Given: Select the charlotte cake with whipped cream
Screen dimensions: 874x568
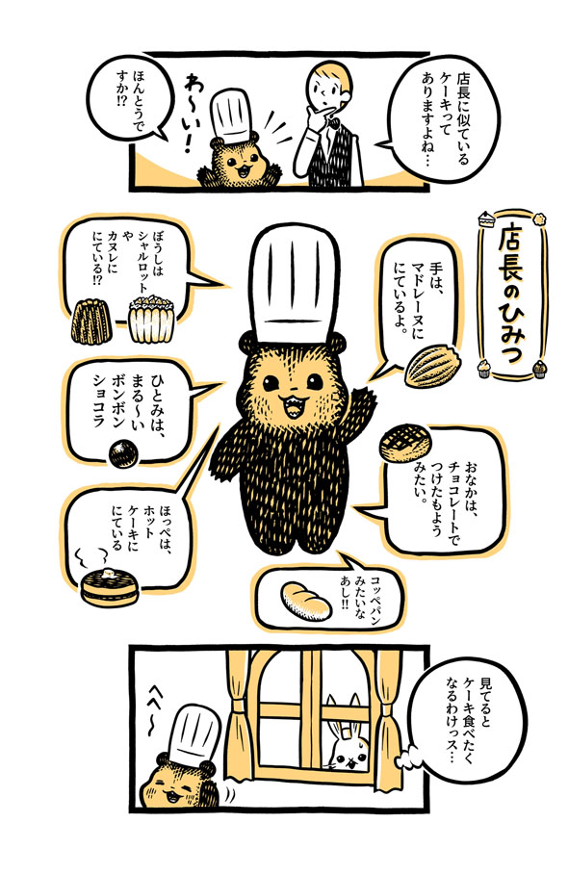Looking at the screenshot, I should point(148,320).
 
